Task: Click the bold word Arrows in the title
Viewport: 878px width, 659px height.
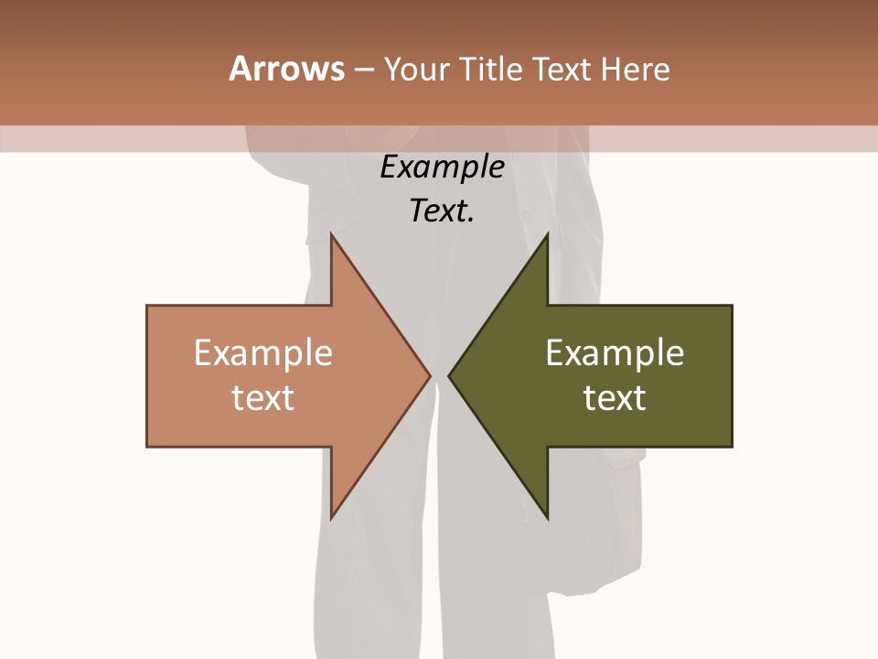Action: coord(286,69)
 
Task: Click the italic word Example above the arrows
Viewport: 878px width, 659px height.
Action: coord(443,167)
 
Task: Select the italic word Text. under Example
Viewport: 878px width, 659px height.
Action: coord(443,211)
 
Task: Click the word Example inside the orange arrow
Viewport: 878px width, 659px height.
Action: coord(263,353)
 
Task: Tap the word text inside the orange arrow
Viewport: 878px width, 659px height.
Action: coord(263,398)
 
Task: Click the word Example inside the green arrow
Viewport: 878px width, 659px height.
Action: coord(615,353)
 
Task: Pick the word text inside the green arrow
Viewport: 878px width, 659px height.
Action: coord(615,398)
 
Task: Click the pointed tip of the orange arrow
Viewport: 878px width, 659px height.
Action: coord(430,375)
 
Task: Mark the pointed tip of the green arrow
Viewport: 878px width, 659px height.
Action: coord(449,375)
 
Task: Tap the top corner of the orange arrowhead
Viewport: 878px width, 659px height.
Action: coord(331,234)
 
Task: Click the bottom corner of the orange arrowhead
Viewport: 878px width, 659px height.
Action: coord(331,518)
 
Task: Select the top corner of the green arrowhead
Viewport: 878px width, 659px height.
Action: coord(547,234)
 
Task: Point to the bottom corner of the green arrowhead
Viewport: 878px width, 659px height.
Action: coord(547,518)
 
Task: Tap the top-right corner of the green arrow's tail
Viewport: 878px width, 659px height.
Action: coord(732,306)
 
